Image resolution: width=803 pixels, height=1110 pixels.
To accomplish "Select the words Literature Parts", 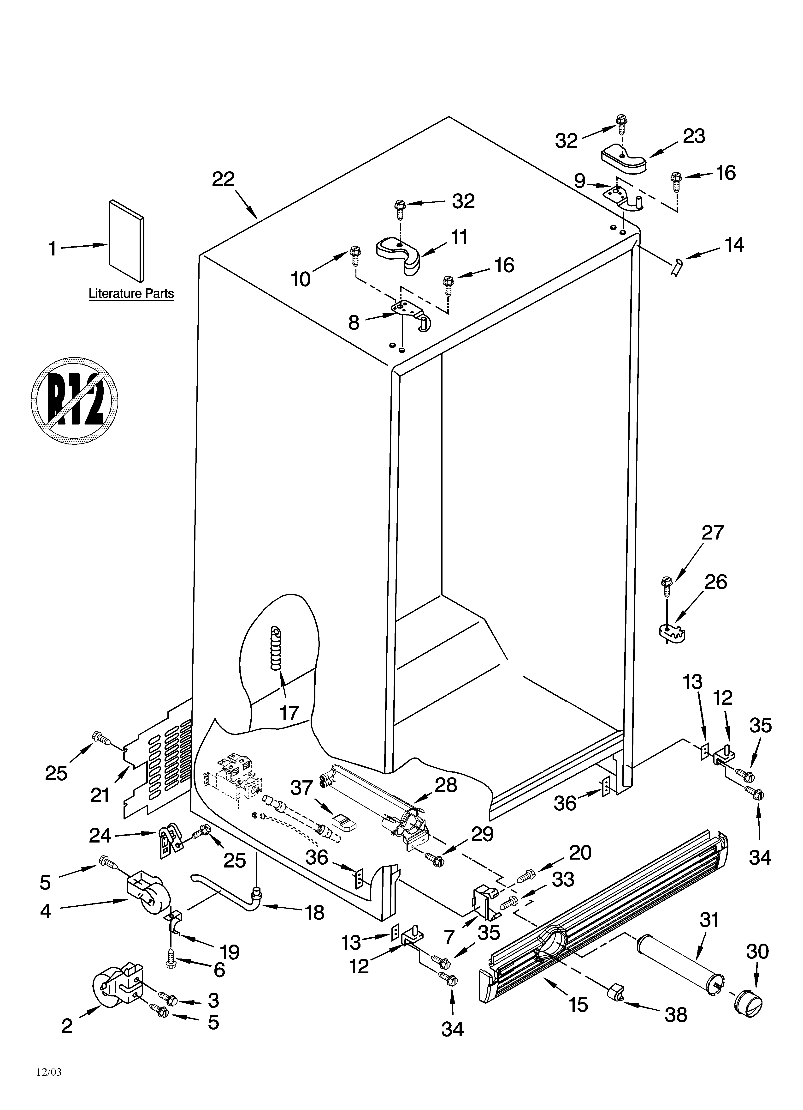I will (x=131, y=294).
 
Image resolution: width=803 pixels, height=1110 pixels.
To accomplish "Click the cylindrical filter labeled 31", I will (x=680, y=959).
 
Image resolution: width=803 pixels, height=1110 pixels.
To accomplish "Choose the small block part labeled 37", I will (x=344, y=823).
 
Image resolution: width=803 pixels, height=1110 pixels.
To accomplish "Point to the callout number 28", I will (x=446, y=785).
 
